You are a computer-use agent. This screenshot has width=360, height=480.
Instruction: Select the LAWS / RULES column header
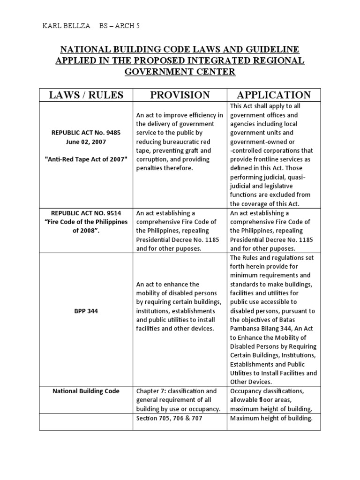coord(86,95)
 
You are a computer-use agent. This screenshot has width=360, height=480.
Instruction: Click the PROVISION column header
coord(180,95)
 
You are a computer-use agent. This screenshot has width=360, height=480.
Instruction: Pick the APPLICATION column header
coord(274,95)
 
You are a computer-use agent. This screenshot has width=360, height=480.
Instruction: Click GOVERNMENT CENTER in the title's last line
coord(180,72)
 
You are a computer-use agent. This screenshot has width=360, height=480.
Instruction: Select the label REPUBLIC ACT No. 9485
coord(86,133)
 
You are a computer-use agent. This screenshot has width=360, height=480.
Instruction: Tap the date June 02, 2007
coord(86,142)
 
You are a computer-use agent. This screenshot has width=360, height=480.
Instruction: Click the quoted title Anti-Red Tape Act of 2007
coord(86,159)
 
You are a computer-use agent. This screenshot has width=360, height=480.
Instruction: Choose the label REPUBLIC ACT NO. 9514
coord(86,213)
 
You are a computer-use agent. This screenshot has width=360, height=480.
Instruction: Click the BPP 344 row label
coord(86,311)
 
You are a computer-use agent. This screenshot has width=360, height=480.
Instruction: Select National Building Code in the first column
coord(86,391)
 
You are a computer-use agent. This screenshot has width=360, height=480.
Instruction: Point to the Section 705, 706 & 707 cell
coord(169,418)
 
